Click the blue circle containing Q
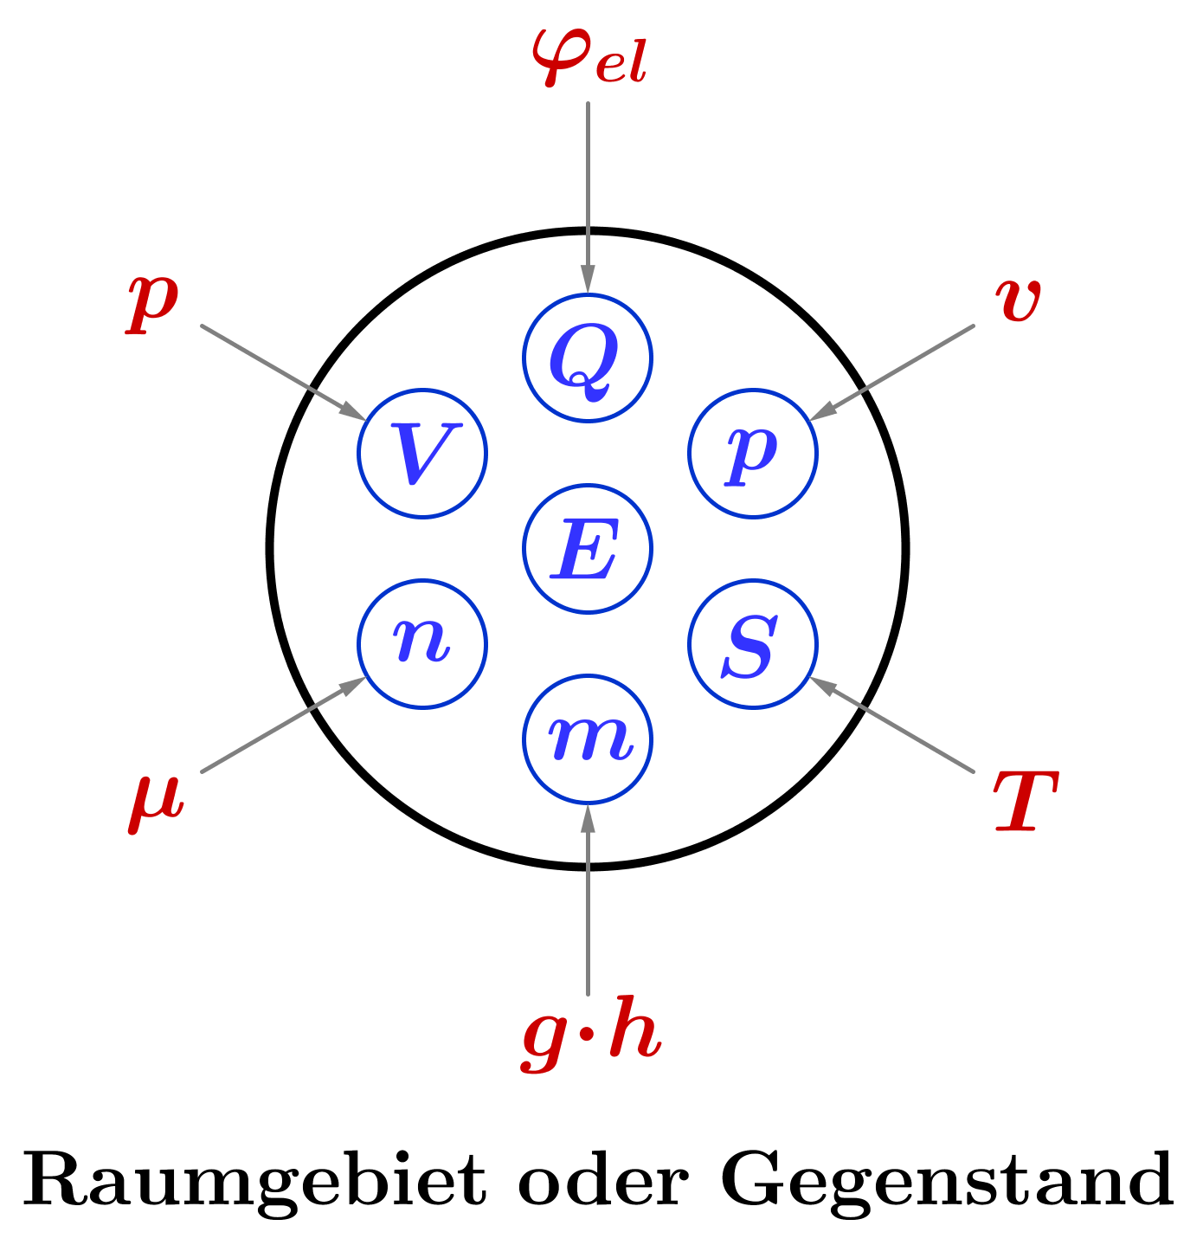(x=588, y=358)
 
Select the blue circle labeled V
(x=422, y=453)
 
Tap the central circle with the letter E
(x=588, y=548)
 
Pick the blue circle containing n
(x=422, y=643)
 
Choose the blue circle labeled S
(x=753, y=643)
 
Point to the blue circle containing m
(x=588, y=739)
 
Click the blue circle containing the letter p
(x=753, y=453)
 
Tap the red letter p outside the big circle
(x=152, y=300)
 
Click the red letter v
(x=1018, y=300)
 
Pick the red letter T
(x=1025, y=801)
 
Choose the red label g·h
(x=592, y=1035)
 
